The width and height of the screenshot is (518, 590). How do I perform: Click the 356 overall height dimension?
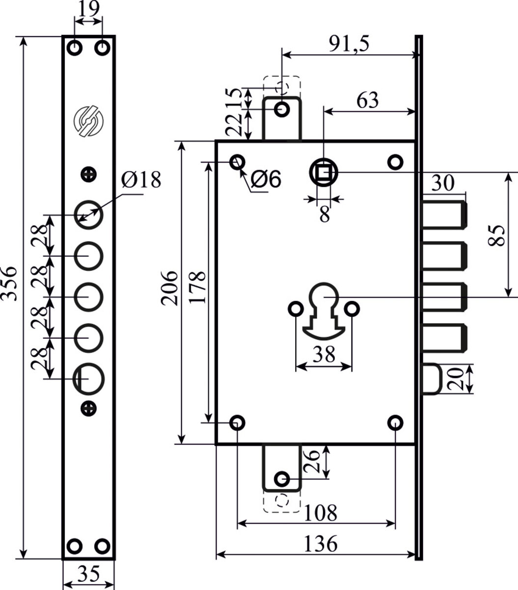[x=10, y=290]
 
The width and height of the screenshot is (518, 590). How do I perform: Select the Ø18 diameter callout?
[x=141, y=180]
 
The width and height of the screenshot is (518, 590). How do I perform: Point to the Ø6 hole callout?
[x=266, y=180]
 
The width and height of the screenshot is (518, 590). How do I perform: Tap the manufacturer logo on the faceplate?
[x=88, y=121]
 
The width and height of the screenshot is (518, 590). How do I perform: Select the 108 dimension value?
[x=320, y=513]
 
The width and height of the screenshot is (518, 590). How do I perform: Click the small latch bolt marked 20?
[x=431, y=379]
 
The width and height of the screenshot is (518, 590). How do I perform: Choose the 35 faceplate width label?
[x=88, y=574]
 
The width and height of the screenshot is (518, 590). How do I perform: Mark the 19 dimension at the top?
[x=88, y=9]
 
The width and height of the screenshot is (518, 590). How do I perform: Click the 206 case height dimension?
[x=170, y=288]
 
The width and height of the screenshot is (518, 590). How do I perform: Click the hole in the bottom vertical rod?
[x=282, y=478]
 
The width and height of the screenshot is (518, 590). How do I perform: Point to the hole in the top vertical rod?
[x=282, y=109]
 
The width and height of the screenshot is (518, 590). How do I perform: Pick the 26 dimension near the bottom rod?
[x=311, y=461]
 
